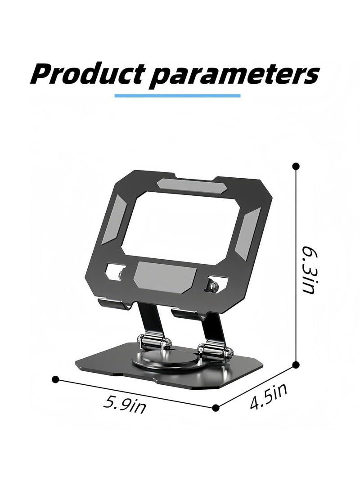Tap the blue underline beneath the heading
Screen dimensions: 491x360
[x=177, y=95]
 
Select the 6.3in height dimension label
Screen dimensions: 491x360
[x=309, y=269]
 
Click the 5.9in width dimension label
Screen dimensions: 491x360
[x=125, y=404]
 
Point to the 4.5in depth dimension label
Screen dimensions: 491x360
[x=269, y=396]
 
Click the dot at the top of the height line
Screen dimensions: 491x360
[x=296, y=166]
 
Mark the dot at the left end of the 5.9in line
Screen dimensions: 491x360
[x=55, y=379]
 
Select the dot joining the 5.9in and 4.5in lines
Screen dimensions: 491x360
[x=216, y=408]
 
